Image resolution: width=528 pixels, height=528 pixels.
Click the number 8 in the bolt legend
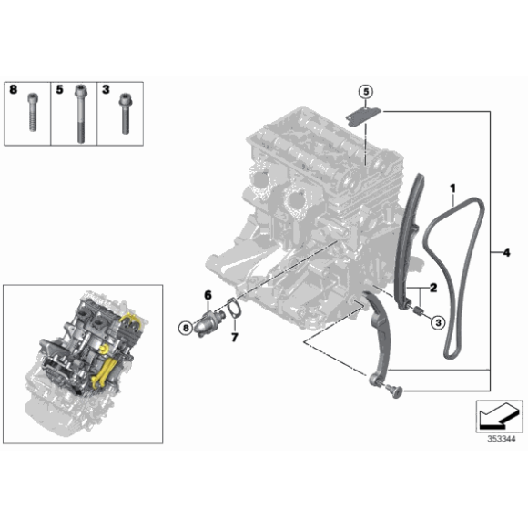coord(13,90)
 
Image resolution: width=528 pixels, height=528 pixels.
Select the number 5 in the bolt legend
coord(59,90)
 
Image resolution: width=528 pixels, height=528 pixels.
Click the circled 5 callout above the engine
coord(365,92)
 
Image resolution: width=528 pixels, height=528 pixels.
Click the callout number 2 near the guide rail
coord(433,289)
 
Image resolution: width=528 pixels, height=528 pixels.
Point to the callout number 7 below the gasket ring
coord(233,338)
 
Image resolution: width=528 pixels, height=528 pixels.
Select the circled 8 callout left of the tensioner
coord(186,326)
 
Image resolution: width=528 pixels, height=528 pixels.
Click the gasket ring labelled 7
coord(233,310)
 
